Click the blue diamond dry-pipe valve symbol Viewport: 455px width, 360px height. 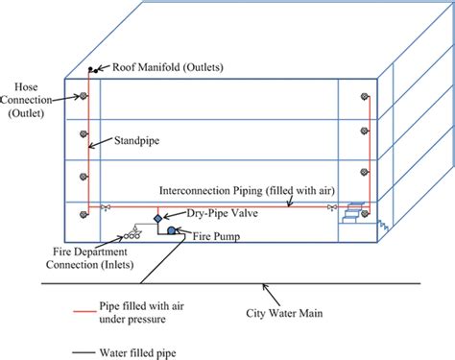tap(159, 219)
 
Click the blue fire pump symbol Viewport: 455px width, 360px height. tap(170, 230)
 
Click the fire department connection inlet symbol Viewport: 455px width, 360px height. tap(131, 231)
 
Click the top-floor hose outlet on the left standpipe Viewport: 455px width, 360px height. tap(83, 96)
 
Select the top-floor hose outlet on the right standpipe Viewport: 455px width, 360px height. tap(366, 96)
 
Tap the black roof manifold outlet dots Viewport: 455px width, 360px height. tap(92, 70)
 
